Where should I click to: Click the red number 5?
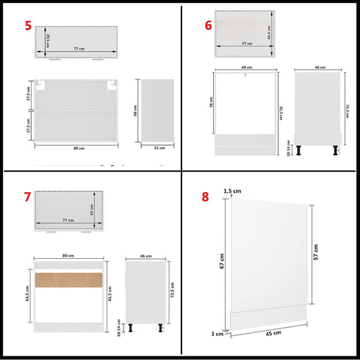point(28,27)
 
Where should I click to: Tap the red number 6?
point(208,25)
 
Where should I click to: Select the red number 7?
point(27,198)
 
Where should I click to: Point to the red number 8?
point(205,198)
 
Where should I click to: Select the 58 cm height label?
point(212,108)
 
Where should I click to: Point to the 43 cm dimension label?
point(92,213)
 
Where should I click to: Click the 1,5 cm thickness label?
point(233,191)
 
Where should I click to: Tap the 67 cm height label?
point(223,262)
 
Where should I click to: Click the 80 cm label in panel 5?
point(77,148)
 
